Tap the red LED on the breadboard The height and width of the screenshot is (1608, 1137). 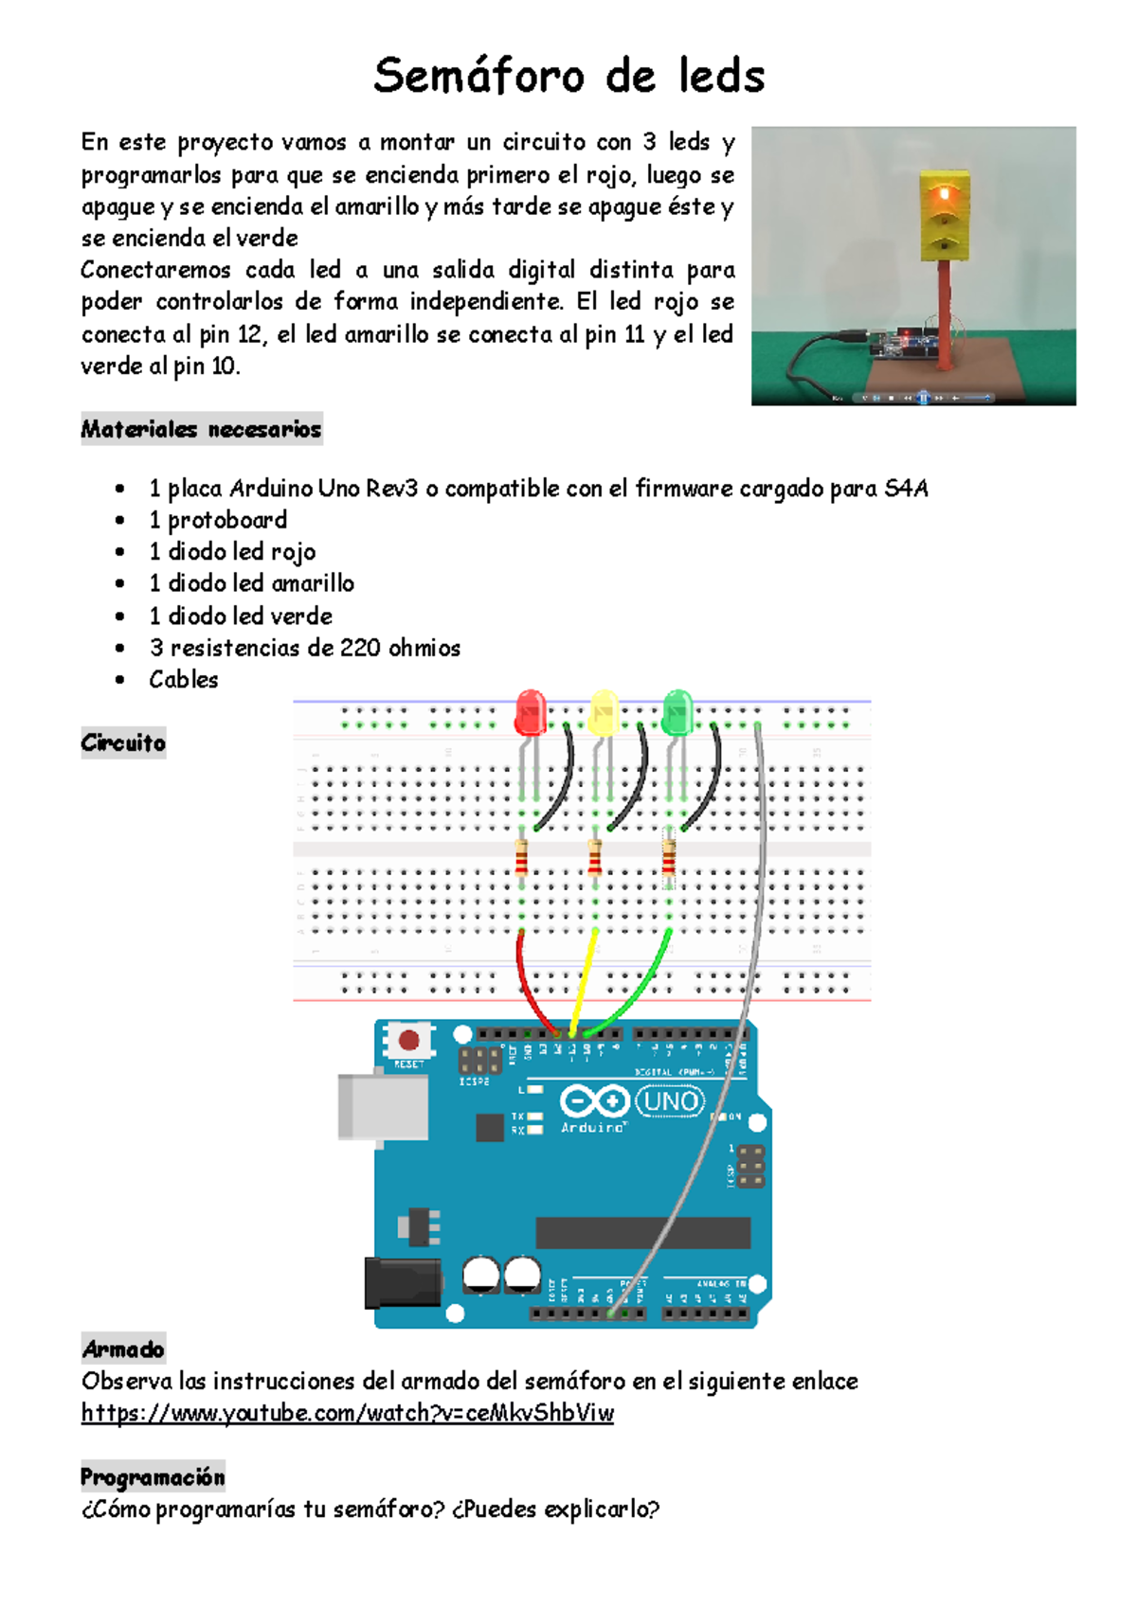[x=531, y=712]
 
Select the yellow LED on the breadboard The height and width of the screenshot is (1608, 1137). [x=604, y=713]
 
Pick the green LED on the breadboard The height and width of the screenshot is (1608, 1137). [x=677, y=712]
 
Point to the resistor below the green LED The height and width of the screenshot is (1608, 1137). [x=668, y=860]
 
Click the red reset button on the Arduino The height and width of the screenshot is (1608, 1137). [x=408, y=1041]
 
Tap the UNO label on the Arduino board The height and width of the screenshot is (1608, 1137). [x=671, y=1100]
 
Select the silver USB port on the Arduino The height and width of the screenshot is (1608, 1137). [x=382, y=1107]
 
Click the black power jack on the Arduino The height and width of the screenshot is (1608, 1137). [x=403, y=1283]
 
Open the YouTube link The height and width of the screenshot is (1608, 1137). [x=347, y=1413]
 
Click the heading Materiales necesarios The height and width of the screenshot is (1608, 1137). [x=201, y=429]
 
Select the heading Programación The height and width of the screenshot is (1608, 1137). [x=153, y=1477]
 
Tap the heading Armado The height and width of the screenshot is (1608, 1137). [x=123, y=1349]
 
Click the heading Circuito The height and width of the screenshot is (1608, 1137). [x=123, y=742]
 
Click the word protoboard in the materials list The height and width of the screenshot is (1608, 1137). [x=227, y=520]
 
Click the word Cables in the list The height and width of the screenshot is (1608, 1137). [x=184, y=680]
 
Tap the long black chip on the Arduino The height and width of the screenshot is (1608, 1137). [x=642, y=1233]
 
